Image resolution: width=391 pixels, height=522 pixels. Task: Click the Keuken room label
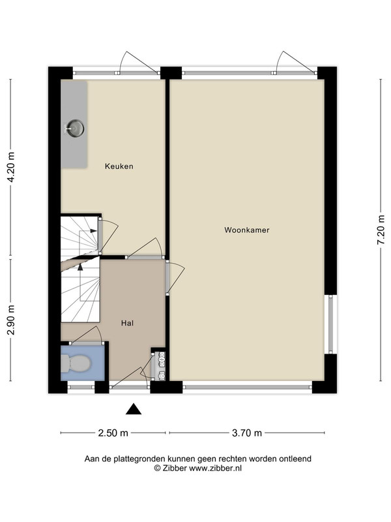coord(119,166)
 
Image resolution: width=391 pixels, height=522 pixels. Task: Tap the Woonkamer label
coord(247,230)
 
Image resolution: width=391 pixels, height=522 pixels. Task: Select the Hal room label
coord(127,323)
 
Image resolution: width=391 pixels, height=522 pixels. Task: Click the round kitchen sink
coord(75,128)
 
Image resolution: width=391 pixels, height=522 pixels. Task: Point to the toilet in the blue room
coord(76,363)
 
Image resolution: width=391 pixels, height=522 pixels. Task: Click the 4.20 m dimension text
coord(11,167)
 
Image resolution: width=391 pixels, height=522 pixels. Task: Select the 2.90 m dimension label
coord(11,320)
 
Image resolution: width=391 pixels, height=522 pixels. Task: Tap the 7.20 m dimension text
coord(381,230)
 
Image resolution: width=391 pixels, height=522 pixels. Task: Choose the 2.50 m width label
coord(113,433)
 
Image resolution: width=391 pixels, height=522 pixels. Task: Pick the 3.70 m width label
coord(247,433)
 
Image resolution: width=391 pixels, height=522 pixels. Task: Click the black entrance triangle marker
coord(134,409)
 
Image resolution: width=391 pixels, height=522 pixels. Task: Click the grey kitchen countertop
coord(74,125)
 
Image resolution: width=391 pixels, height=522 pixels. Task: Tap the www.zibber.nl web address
coord(215,468)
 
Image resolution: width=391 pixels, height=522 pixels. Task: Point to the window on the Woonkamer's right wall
coord(330,324)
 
